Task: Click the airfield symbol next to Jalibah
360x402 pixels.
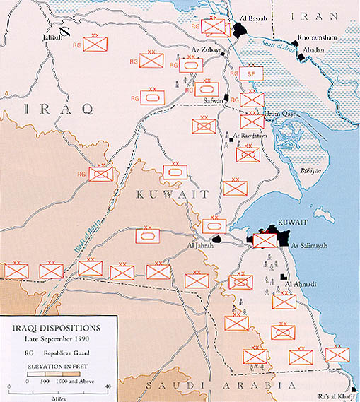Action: [65, 30]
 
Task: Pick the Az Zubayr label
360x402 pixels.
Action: [204, 49]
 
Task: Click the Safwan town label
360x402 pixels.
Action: [211, 100]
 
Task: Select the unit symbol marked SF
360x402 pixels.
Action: [250, 73]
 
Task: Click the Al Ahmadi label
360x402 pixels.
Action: [299, 285]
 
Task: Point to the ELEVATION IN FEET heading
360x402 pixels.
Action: [53, 367]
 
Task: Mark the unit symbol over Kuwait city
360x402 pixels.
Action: [265, 240]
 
